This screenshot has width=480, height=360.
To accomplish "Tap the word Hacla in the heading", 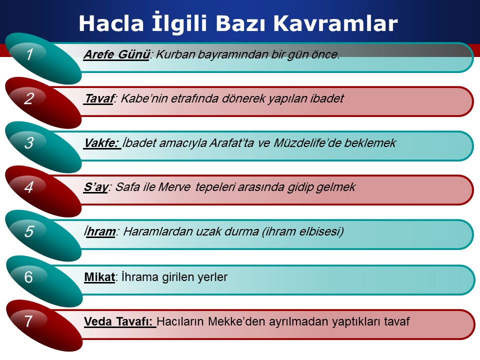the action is pyautogui.click(x=111, y=23).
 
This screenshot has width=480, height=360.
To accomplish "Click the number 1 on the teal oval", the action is pyautogui.click(x=29, y=54).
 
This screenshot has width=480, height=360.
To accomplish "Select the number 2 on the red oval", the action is pyautogui.click(x=29, y=98).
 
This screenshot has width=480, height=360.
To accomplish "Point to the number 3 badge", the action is pyautogui.click(x=29, y=143).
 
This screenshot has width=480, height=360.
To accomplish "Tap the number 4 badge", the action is pyautogui.click(x=29, y=187).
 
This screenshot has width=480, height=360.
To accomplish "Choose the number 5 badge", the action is pyautogui.click(x=29, y=231).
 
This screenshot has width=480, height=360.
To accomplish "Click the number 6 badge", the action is pyautogui.click(x=28, y=277).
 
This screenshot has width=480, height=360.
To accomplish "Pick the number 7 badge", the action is pyautogui.click(x=28, y=321).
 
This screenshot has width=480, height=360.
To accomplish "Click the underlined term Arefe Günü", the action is pyautogui.click(x=116, y=55).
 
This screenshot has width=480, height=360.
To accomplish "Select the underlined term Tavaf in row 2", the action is pyautogui.click(x=99, y=98).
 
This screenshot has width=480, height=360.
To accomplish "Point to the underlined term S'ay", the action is pyautogui.click(x=96, y=187).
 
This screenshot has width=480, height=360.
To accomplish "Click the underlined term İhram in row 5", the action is pyautogui.click(x=100, y=231).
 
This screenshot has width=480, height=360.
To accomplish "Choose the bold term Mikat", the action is pyautogui.click(x=99, y=277).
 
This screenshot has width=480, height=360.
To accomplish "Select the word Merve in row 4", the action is pyautogui.click(x=174, y=187).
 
